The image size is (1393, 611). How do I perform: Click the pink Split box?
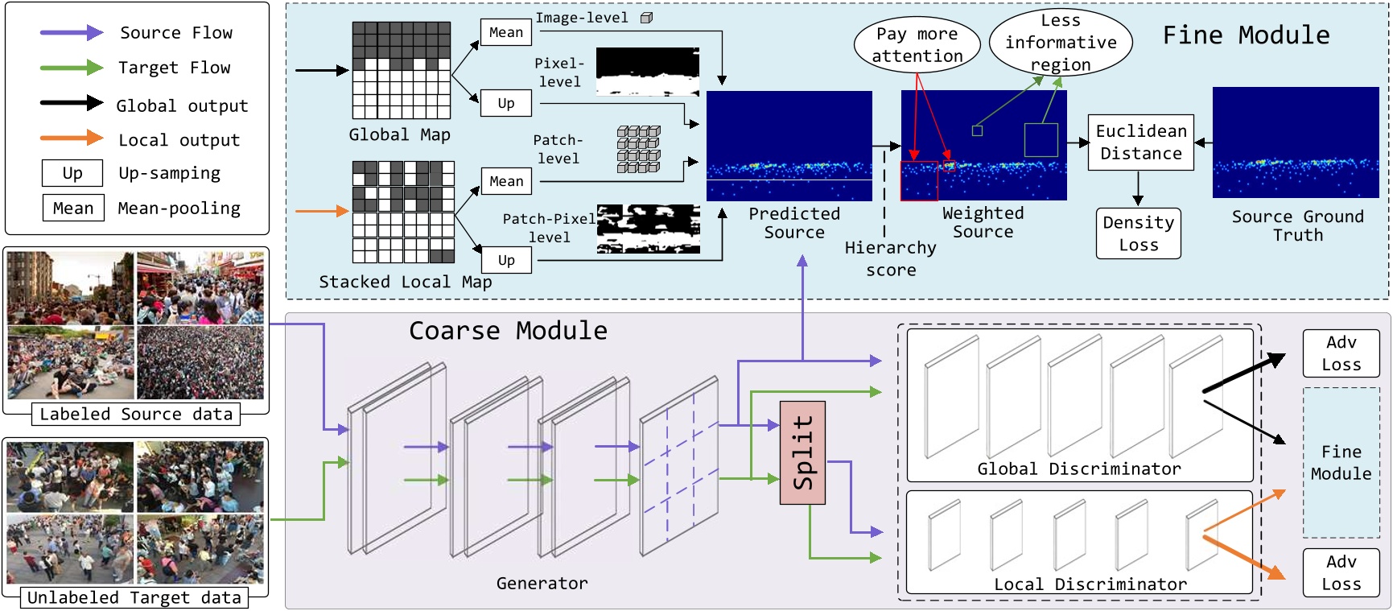pyautogui.click(x=802, y=452)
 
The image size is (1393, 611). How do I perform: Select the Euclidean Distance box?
pyautogui.click(x=1140, y=142)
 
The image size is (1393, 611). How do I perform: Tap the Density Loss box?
pyautogui.click(x=1138, y=233)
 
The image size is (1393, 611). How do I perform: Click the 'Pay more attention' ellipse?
pyautogui.click(x=917, y=45)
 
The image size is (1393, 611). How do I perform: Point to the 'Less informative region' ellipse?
pyautogui.click(x=1060, y=42)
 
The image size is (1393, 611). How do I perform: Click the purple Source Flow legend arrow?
pyautogui.click(x=72, y=33)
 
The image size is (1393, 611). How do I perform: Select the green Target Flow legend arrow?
pyautogui.click(x=72, y=68)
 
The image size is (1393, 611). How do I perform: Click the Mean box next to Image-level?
pyautogui.click(x=505, y=32)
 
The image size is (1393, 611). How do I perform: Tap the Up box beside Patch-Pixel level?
pyautogui.click(x=505, y=260)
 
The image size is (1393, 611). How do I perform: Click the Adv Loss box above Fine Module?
pyautogui.click(x=1341, y=353)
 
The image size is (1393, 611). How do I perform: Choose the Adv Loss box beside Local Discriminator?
pyautogui.click(x=1341, y=572)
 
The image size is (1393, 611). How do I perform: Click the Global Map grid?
pyautogui.click(x=401, y=71)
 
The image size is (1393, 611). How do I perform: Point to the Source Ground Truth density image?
pyautogui.click(x=1295, y=142)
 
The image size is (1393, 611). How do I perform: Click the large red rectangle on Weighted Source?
pyautogui.click(x=919, y=181)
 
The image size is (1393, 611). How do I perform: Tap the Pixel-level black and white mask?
pyautogui.click(x=647, y=72)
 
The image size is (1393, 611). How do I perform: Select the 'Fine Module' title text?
pyautogui.click(x=1246, y=35)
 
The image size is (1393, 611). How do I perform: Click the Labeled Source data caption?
pyautogui.click(x=135, y=415)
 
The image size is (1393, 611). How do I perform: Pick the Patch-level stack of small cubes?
pyautogui.click(x=638, y=149)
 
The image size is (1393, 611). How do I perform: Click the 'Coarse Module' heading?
pyautogui.click(x=508, y=331)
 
